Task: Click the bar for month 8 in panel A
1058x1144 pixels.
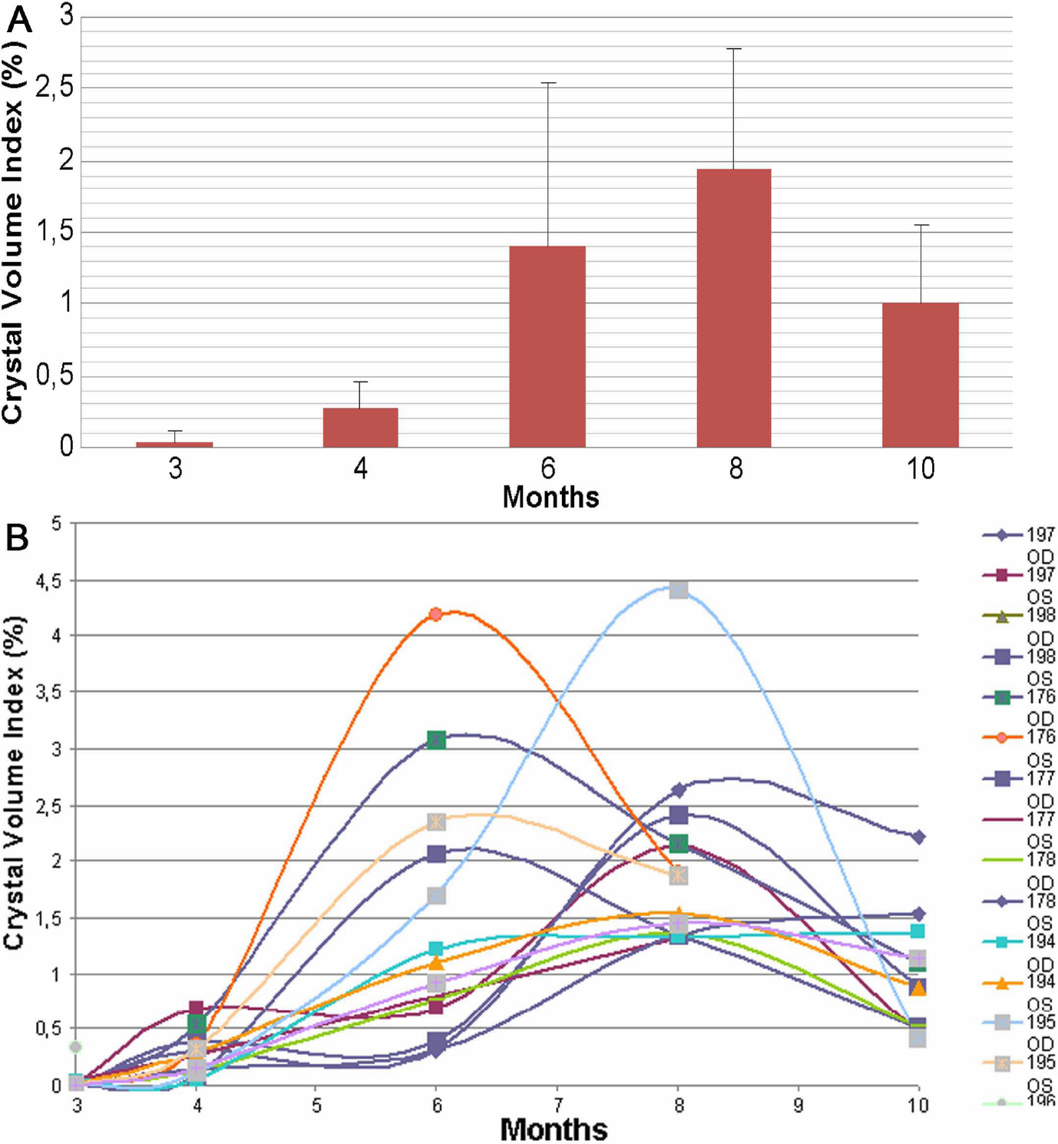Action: coord(733,307)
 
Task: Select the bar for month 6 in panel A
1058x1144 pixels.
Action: coord(547,346)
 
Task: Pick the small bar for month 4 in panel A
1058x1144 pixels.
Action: coord(360,427)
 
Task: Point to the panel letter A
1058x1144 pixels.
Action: coord(19,20)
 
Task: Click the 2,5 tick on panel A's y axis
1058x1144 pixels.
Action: coord(55,88)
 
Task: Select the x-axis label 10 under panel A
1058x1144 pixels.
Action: coord(921,468)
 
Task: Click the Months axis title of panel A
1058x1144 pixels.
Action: coord(550,497)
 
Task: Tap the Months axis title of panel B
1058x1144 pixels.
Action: coord(554,1129)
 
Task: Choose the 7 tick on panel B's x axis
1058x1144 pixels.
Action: coord(557,1106)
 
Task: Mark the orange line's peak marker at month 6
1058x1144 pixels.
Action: coord(436,614)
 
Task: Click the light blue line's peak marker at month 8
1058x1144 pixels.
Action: coord(678,590)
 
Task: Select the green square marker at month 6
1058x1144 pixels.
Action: coord(437,740)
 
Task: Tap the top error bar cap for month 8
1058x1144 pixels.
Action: coord(734,48)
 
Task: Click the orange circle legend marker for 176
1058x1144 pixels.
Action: coord(1001,738)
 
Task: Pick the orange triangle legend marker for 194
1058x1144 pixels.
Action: coord(1001,983)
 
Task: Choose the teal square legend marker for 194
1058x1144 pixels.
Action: coord(1001,942)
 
